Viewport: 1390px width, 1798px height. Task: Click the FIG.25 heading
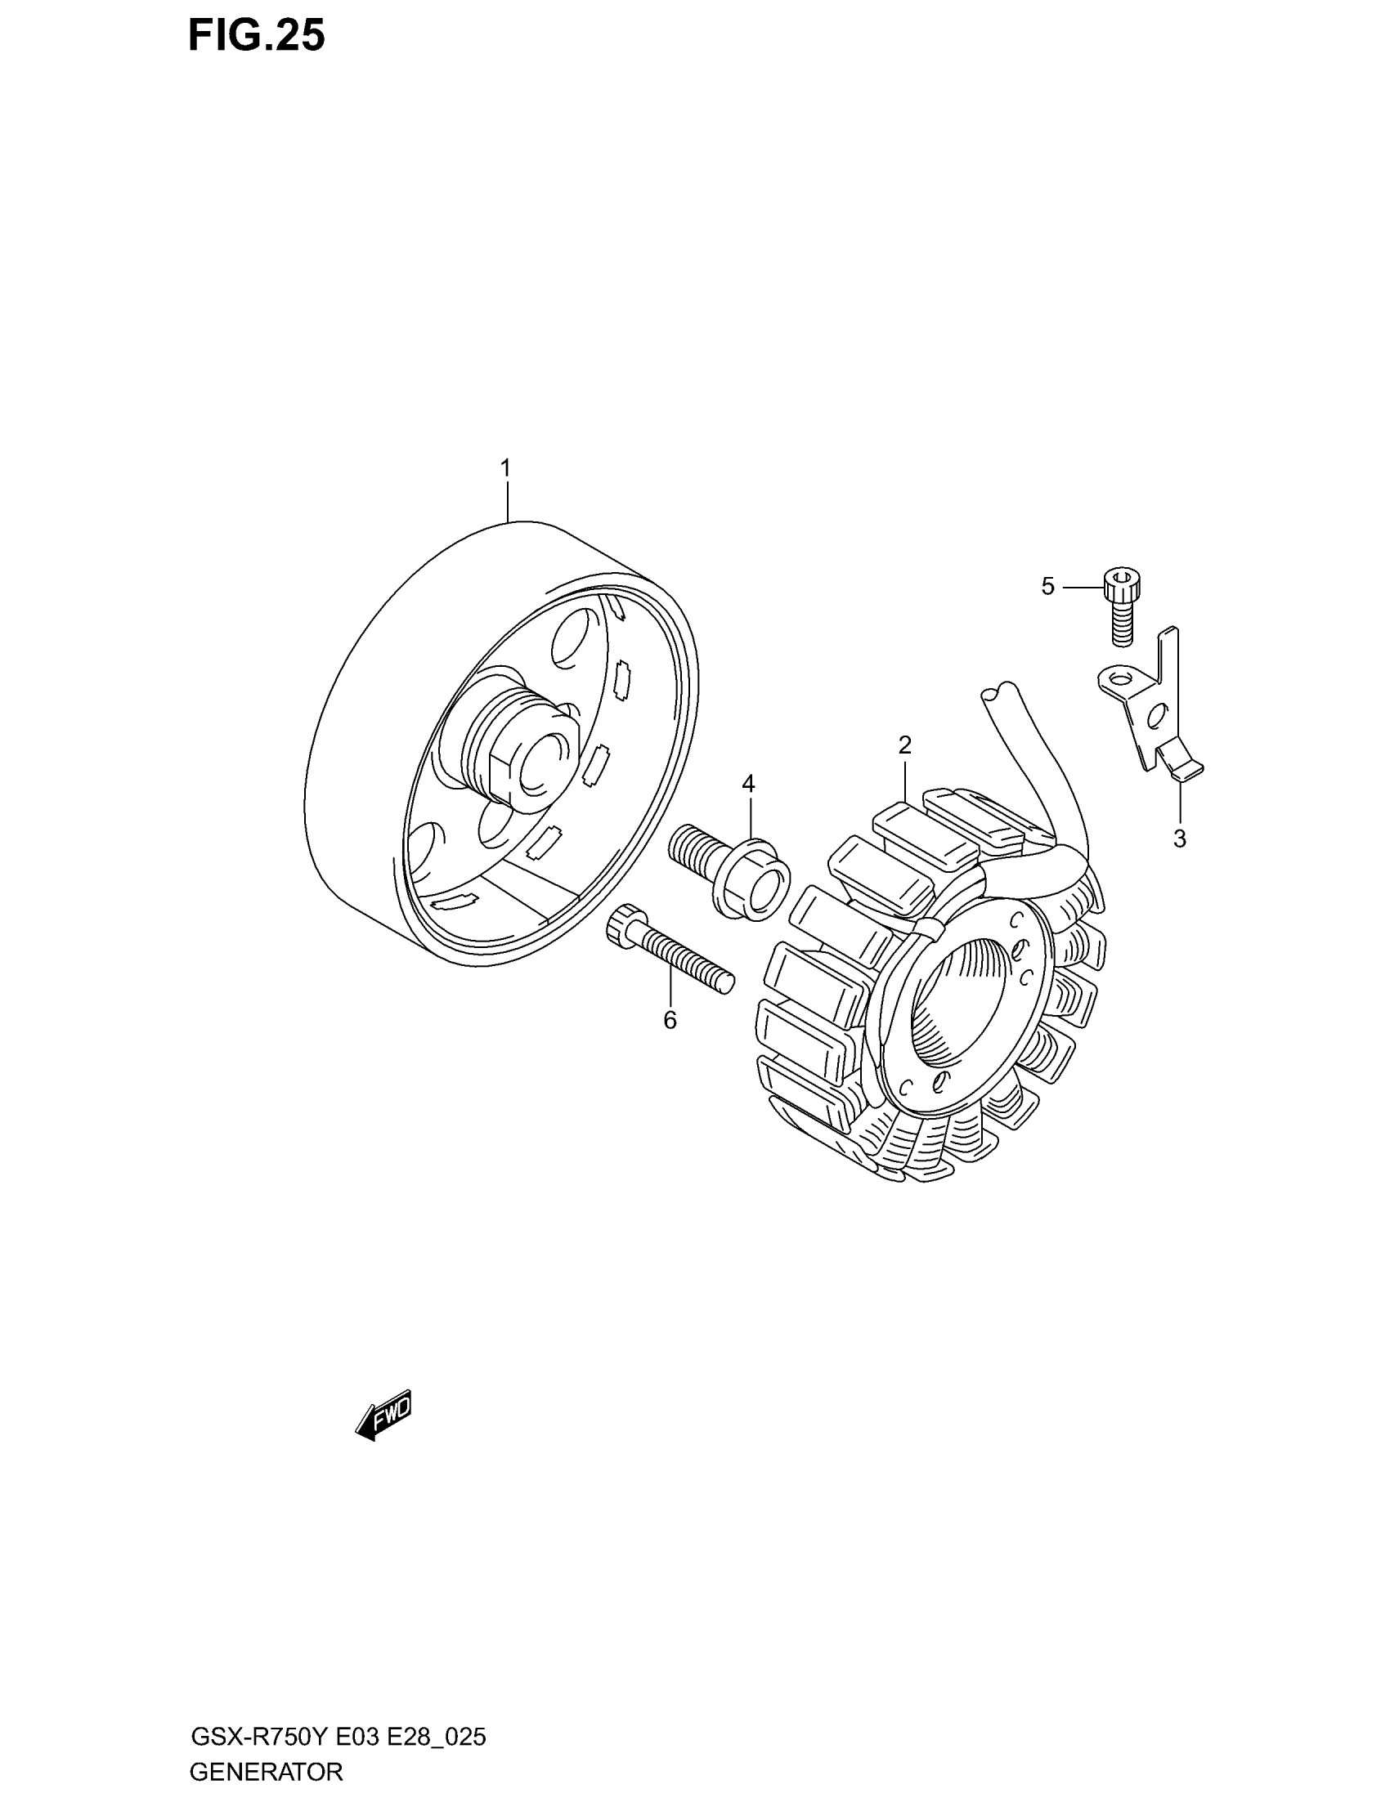(x=256, y=36)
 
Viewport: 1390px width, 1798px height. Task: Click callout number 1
(x=505, y=468)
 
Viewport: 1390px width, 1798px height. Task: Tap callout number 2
(x=905, y=746)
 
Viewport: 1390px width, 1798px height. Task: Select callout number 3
(x=1179, y=839)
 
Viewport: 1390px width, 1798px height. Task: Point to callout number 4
(x=747, y=784)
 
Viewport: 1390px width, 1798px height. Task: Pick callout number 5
(x=1047, y=586)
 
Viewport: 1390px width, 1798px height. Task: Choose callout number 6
(x=670, y=1020)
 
